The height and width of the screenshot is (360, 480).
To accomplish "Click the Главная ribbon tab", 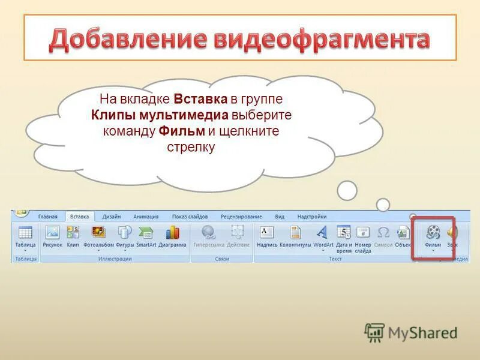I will (47, 217).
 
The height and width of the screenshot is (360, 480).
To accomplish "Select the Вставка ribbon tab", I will (79, 217).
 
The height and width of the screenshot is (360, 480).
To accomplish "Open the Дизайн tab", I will (111, 217).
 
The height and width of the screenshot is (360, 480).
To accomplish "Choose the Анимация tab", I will (146, 217).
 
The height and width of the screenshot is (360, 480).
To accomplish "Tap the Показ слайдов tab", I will (190, 217).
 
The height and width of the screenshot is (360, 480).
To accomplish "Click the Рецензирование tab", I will (241, 217).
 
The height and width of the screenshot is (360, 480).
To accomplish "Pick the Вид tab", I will (280, 217).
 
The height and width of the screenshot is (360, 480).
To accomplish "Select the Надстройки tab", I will (312, 217).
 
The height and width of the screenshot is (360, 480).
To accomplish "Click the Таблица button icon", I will (25, 233).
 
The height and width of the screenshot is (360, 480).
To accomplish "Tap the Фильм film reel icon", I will (433, 233).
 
